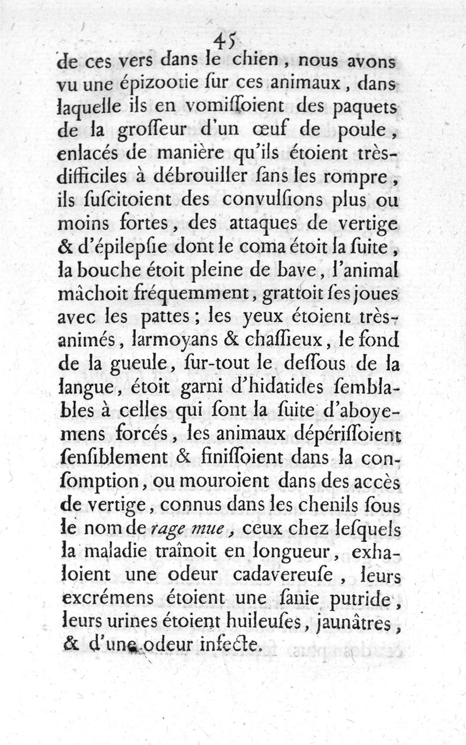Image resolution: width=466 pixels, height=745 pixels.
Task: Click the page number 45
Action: (x=224, y=40)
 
